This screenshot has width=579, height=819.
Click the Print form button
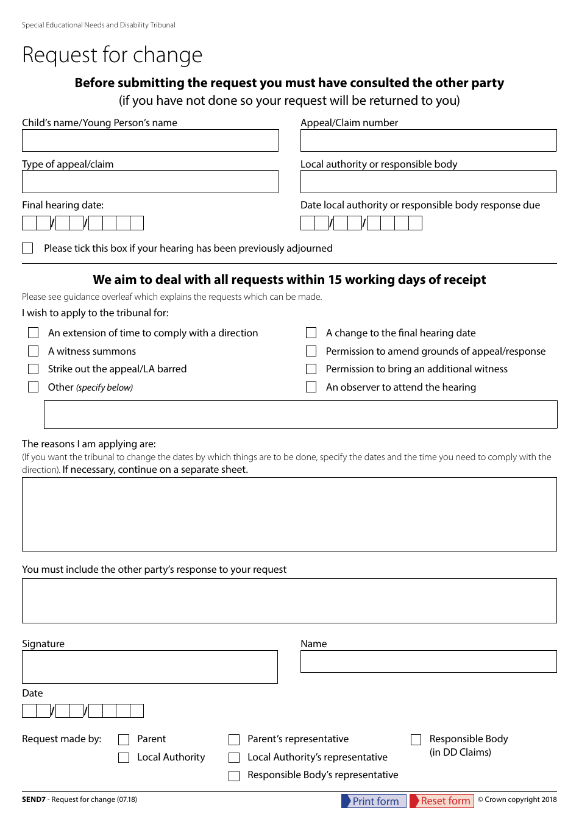374,801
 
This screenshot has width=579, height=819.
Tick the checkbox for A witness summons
34,351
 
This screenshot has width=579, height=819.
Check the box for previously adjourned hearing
27,248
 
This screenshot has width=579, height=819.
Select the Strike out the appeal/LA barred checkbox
34,369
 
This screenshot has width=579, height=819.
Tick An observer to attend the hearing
311,387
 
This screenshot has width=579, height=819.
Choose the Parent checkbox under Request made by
124,739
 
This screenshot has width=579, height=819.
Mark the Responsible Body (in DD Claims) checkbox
416,739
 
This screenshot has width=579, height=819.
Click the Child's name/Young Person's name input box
150,140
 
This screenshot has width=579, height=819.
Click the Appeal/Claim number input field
428,140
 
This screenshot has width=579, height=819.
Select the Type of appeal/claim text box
150,182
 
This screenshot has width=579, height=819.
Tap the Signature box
150,667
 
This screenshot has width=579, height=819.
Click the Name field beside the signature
428,661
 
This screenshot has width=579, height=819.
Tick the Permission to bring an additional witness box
311,369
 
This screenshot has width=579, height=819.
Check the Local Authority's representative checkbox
234,757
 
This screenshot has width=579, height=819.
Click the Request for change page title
112,55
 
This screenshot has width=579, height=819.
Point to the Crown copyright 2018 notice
517,799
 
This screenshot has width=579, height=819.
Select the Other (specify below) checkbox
34,387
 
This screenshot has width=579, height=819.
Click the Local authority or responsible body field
428,182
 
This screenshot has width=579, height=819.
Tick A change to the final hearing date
311,333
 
